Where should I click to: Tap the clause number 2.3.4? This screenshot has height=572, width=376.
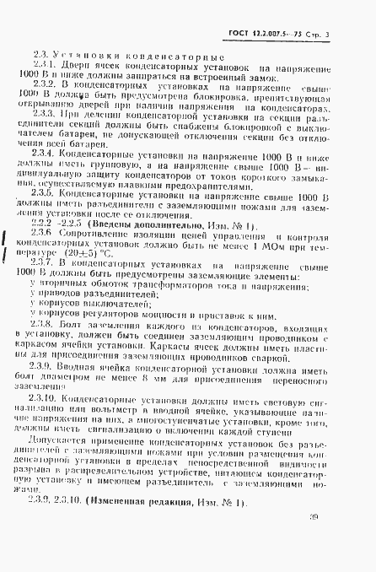pyautogui.click(x=45, y=155)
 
